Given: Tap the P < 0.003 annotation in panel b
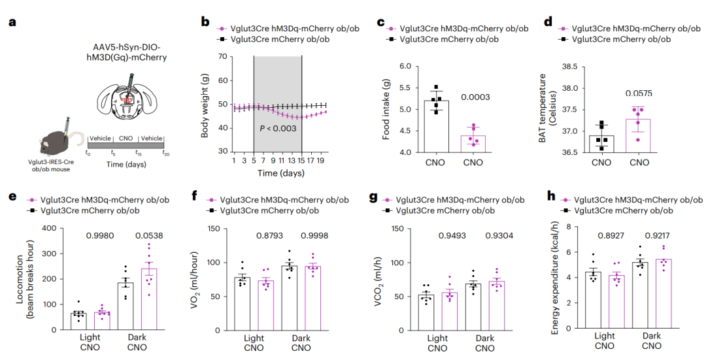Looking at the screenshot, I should tap(278, 129).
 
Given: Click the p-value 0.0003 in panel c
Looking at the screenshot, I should tap(475, 97).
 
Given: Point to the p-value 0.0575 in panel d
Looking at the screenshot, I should tap(639, 93).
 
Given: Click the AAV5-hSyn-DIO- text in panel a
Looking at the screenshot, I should tap(124, 46).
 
